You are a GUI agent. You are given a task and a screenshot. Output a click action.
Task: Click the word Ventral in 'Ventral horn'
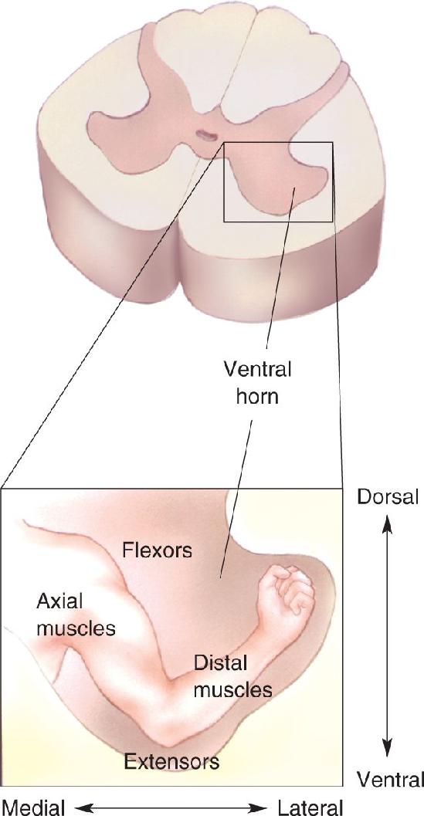click(257, 371)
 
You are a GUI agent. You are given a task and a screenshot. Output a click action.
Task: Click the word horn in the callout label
click(257, 397)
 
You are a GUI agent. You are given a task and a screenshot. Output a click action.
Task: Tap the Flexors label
click(158, 550)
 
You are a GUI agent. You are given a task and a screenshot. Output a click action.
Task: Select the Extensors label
click(171, 762)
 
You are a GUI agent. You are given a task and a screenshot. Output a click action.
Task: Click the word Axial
click(60, 602)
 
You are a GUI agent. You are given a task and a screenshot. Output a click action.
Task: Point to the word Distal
click(220, 664)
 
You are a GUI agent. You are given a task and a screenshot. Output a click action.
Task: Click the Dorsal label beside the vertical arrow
click(388, 497)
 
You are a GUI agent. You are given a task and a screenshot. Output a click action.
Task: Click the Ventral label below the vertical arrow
click(390, 780)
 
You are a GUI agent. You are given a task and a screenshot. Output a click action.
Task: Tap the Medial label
click(32, 808)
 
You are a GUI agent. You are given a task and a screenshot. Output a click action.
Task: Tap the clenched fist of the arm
click(287, 593)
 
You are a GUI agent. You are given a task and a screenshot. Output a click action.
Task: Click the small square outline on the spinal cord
click(224, 181)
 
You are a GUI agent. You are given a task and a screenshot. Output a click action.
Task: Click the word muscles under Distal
click(232, 689)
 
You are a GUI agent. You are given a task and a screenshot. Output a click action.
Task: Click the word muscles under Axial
click(76, 628)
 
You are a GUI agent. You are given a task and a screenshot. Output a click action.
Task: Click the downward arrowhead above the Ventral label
click(387, 748)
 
